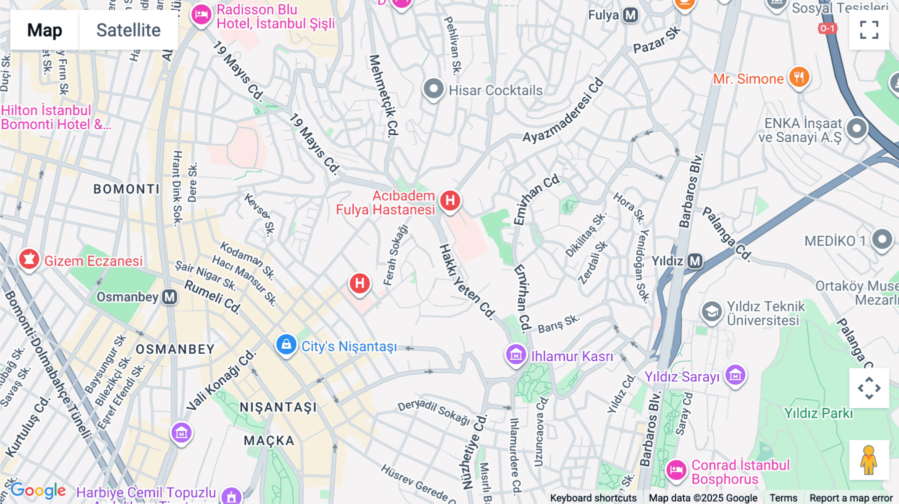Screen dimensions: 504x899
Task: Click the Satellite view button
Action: pos(128,30)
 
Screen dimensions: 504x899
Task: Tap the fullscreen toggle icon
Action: pos(869,30)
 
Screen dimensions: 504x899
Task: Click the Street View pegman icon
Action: pos(869,460)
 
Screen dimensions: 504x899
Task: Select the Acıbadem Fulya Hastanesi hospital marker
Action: pos(450,201)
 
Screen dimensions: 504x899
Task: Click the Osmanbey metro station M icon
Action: pos(170,297)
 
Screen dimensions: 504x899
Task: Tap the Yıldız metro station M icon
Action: pos(695,261)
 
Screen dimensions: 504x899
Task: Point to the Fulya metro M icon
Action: pos(631,15)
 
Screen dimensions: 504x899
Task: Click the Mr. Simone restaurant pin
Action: pos(799,77)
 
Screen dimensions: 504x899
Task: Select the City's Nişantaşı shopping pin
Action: pos(286,344)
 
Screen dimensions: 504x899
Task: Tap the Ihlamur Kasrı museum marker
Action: pos(516,355)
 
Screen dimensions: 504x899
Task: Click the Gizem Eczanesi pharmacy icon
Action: pos(29,259)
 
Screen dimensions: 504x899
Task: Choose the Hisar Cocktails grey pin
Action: pos(434,89)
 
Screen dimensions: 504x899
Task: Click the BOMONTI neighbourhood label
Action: pos(126,189)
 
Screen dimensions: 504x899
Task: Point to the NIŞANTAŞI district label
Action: pos(278,407)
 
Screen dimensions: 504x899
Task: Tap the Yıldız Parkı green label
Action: pos(818,413)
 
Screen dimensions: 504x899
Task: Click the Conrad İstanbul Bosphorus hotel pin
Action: pos(676,470)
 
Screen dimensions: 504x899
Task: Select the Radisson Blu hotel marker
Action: pos(201,14)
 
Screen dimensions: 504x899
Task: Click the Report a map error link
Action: pos(851,498)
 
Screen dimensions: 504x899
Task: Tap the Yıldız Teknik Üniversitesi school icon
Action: pos(712,312)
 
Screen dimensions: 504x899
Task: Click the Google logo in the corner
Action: pos(38,491)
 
